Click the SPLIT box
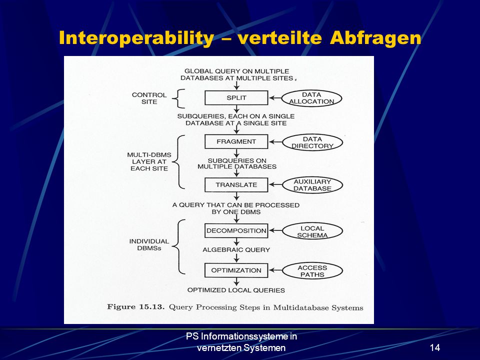coord(236,97)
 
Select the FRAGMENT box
coord(236,141)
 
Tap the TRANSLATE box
coord(236,185)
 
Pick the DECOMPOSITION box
coord(236,230)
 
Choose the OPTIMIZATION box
coord(236,270)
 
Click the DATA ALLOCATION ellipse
coord(311,98)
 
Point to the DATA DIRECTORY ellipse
coord(312,142)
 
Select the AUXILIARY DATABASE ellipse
coord(312,185)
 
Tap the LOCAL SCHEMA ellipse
coord(312,231)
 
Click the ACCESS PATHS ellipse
coord(312,271)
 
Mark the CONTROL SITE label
coord(149,98)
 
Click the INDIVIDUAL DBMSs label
coord(149,244)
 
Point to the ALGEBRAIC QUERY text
coord(236,250)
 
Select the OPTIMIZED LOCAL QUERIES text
coord(236,290)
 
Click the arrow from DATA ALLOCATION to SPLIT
coord(275,98)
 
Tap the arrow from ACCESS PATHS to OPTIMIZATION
coord(275,270)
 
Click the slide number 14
coord(435,347)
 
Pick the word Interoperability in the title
coord(136,38)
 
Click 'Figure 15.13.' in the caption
coord(136,306)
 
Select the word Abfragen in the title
coord(375,38)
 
